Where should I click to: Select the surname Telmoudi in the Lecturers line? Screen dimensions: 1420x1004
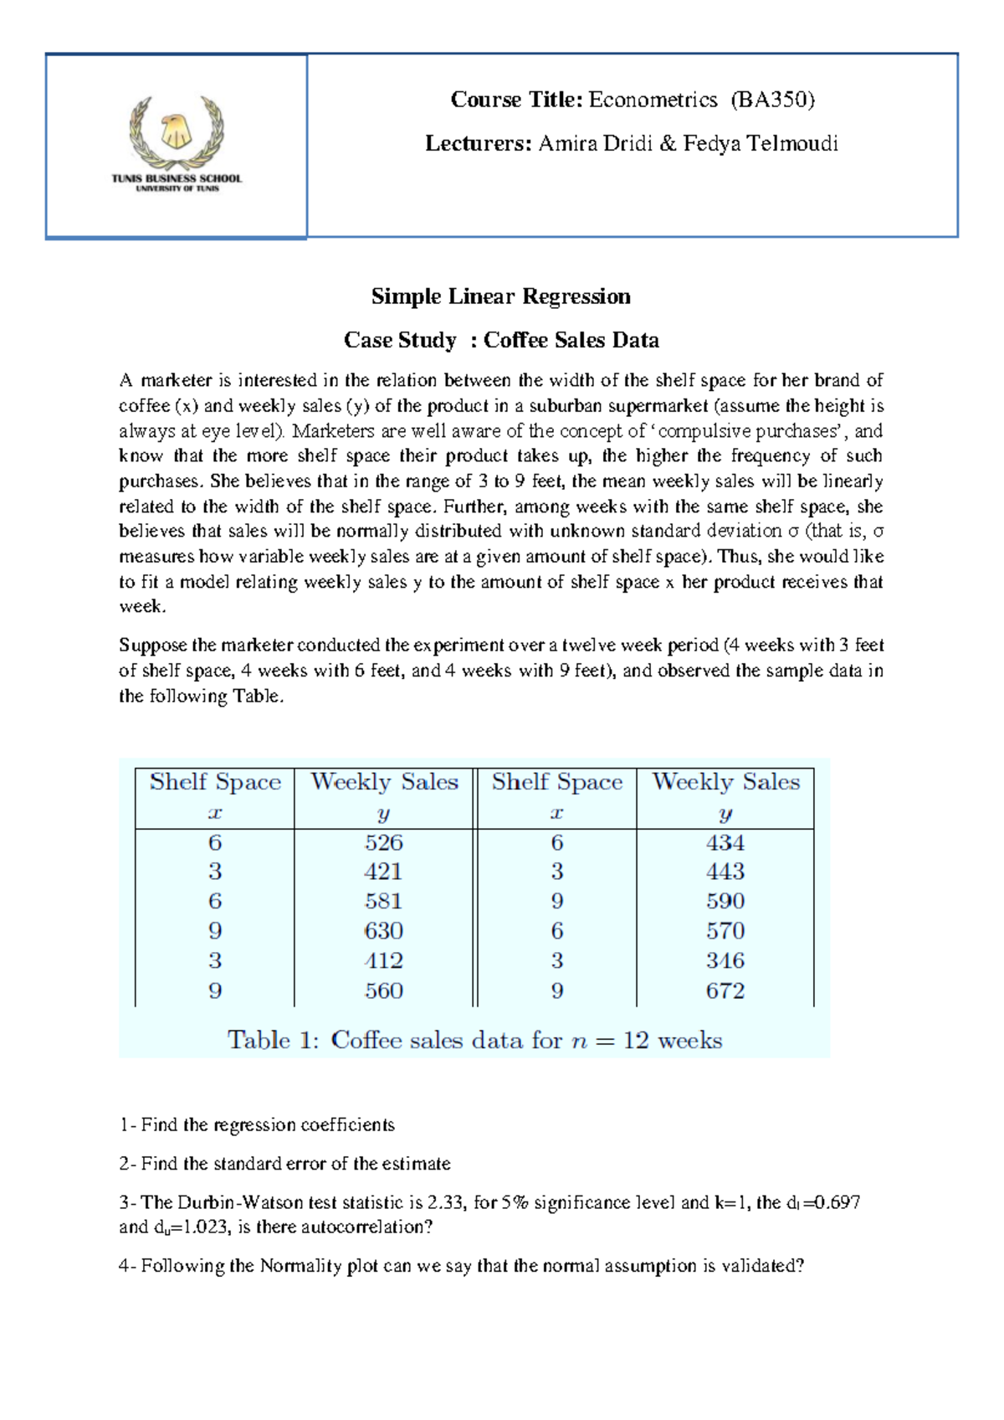tap(791, 143)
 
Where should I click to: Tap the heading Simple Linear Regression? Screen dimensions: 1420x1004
tap(500, 296)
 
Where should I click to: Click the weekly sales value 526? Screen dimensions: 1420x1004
tap(384, 842)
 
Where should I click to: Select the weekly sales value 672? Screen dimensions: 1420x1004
tap(725, 990)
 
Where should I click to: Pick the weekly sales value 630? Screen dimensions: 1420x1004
tap(384, 931)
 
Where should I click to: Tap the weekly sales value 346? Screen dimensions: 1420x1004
tap(725, 960)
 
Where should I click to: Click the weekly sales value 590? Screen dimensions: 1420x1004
tap(725, 901)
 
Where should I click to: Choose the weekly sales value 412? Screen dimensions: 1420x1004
tap(384, 960)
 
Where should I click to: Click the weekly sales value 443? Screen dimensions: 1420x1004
tap(725, 872)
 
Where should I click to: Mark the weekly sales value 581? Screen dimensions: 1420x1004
tap(384, 901)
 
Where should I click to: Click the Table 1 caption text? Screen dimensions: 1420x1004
tap(474, 1040)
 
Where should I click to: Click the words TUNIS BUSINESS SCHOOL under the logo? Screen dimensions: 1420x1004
tap(177, 178)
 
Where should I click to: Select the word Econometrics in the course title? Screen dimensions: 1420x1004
tap(653, 100)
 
